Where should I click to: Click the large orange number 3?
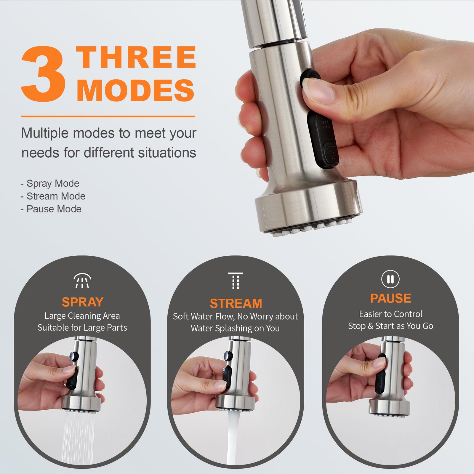tap(43, 74)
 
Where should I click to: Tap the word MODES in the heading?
tap(135, 90)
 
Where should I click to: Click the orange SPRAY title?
tap(83, 302)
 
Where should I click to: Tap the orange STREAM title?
tap(236, 304)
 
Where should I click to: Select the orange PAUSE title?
tap(390, 298)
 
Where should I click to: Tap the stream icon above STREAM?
tap(236, 281)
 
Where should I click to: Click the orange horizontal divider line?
tap(108, 116)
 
